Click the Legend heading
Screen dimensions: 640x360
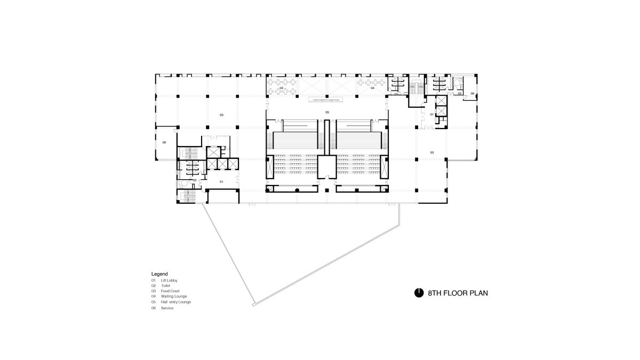159,274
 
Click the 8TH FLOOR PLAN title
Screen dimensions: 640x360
458,293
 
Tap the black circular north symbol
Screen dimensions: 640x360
419,293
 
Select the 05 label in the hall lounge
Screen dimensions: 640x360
327,113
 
